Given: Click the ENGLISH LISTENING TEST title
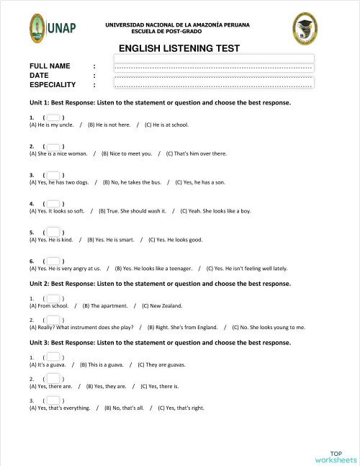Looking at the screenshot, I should pyautogui.click(x=179, y=49).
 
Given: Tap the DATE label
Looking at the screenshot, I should pyautogui.click(x=39, y=75).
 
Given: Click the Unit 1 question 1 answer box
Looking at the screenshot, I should pyautogui.click(x=53, y=116).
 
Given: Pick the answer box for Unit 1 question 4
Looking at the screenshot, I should pyautogui.click(x=53, y=204).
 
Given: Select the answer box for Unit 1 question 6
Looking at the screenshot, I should pyautogui.click(x=53, y=260).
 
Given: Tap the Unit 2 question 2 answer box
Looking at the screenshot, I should pyautogui.click(x=53, y=319).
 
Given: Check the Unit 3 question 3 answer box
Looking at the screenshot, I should pyautogui.click(x=53, y=400).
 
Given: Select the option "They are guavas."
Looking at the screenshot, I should pyautogui.click(x=165, y=364).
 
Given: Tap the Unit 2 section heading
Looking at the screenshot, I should pyautogui.click(x=160, y=284).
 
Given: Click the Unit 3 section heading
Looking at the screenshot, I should pyautogui.click(x=160, y=342).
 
